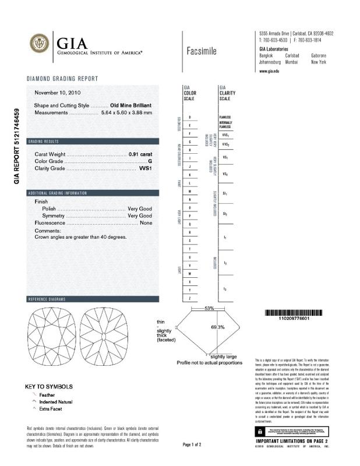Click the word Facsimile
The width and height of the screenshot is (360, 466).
[202, 51]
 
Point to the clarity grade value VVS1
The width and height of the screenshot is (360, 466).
[145, 168]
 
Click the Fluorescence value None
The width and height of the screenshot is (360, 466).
[146, 223]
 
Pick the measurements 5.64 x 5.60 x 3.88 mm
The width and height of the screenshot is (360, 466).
[126, 112]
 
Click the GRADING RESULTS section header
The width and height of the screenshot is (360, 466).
[43, 142]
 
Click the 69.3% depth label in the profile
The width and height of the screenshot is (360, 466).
[217, 327]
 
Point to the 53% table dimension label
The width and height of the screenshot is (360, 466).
[209, 308]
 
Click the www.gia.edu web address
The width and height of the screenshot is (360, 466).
[269, 70]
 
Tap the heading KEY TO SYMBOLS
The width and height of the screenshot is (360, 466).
[49, 386]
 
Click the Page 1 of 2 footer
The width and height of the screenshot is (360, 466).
[192, 444]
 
